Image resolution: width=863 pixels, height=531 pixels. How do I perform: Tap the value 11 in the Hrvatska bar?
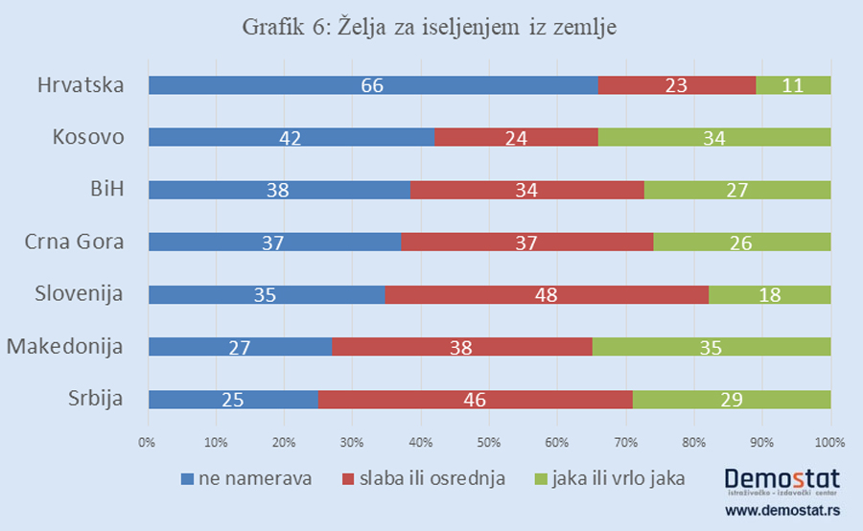pos(793,85)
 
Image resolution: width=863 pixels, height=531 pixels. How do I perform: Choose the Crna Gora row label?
pos(75,242)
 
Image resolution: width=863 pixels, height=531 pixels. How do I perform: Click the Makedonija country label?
pos(65,346)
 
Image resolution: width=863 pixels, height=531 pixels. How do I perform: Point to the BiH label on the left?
pos(105,189)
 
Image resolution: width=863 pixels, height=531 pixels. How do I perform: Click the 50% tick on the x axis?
pos(489,442)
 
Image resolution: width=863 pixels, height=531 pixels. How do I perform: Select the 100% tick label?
pos(829,442)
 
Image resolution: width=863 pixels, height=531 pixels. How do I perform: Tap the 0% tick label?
pos(148,442)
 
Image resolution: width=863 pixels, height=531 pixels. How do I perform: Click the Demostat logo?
pos(782,478)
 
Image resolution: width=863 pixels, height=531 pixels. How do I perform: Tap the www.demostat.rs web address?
pos(782,512)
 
